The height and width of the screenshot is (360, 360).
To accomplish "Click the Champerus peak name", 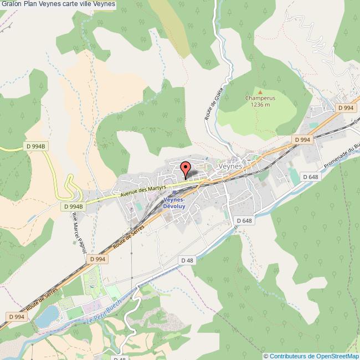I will point(260,98).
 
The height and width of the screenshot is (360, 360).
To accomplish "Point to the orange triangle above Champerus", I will point(260,91).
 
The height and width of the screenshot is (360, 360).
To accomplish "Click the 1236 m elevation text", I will point(260,104).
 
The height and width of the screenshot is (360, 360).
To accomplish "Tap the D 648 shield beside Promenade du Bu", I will point(310,176).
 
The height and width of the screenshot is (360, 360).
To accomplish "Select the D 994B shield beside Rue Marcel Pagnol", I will point(73,207).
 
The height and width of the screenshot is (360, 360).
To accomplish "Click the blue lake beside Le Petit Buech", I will point(48,316).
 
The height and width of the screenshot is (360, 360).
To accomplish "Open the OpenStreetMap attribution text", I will point(311,356).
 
